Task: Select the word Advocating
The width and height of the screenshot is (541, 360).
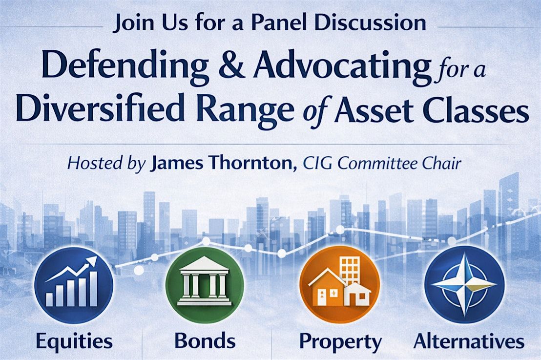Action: click(342, 66)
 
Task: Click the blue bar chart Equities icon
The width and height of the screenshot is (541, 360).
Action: click(74, 285)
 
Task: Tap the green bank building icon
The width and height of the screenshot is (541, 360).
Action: click(205, 285)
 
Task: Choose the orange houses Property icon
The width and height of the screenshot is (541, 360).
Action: click(340, 285)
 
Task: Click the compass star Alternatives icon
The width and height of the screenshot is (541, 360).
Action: click(464, 285)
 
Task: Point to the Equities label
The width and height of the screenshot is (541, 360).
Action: click(74, 341)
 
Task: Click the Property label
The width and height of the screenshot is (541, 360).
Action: click(340, 342)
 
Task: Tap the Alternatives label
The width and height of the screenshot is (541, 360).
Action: click(469, 340)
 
